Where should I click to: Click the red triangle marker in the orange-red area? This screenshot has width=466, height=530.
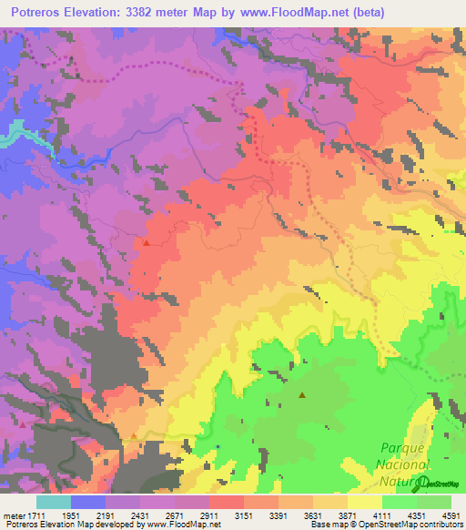146,243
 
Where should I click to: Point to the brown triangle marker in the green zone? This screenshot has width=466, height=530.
302,394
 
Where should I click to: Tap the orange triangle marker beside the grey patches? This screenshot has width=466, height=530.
135,437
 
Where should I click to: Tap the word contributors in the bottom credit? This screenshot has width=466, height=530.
441,525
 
